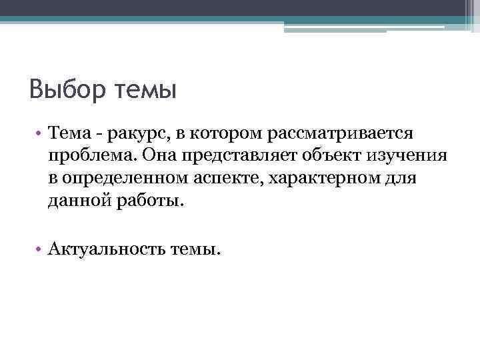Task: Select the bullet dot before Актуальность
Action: point(41,249)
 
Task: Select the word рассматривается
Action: point(341,135)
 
